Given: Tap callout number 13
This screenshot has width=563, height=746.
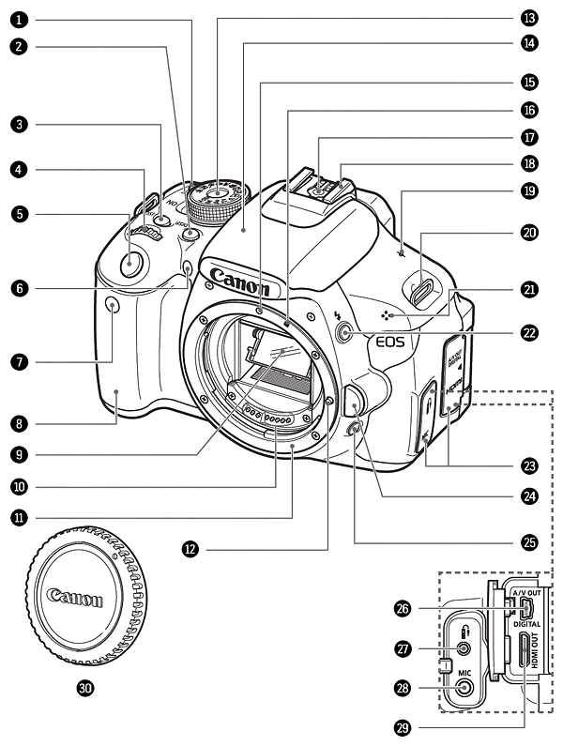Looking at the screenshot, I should click(530, 18).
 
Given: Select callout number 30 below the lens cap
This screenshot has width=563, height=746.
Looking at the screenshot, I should click(85, 687).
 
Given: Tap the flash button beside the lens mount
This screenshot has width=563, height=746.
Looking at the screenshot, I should click(344, 331).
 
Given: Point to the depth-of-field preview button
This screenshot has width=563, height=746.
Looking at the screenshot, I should click(353, 430).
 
